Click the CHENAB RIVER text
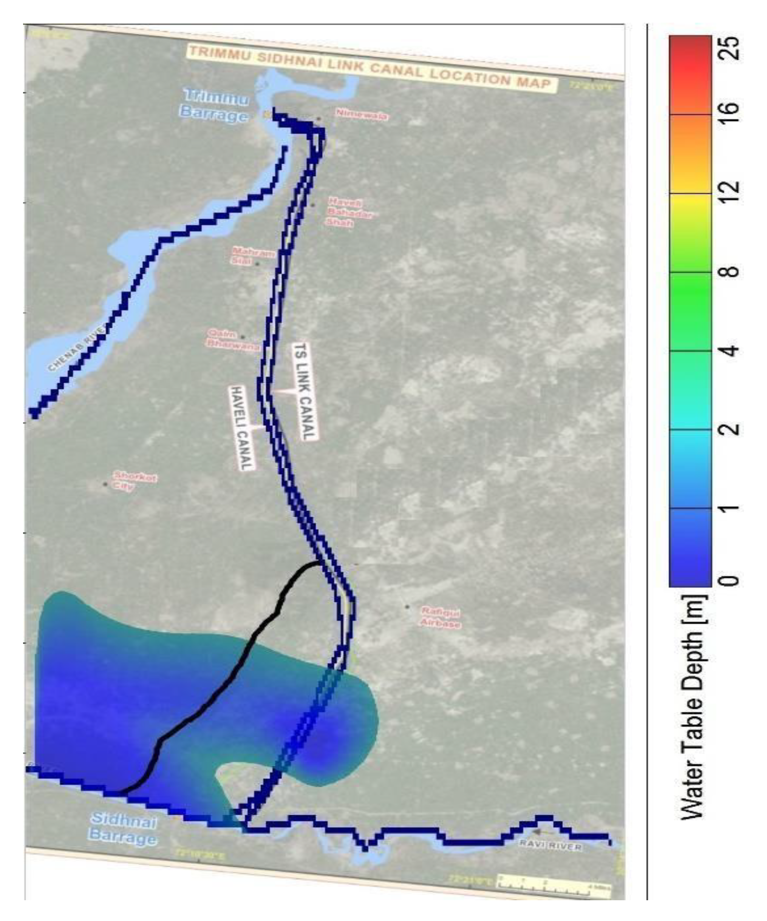(77, 348)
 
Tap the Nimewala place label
(362, 115)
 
